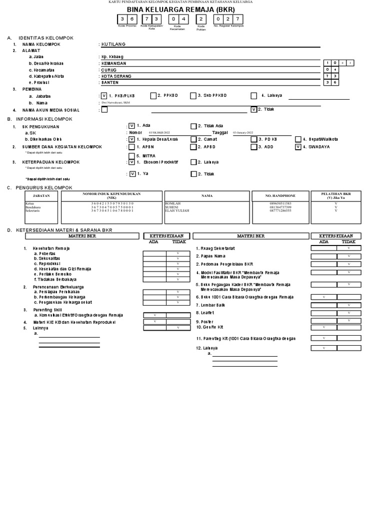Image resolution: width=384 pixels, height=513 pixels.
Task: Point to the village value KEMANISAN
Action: (113, 64)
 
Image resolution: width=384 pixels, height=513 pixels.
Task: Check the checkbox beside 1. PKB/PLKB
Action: (104, 95)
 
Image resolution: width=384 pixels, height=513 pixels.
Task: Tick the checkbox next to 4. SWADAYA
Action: (298, 147)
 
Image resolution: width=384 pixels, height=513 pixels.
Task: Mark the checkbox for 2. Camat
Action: (193, 139)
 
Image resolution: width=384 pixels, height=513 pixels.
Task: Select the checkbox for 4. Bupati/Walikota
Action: (298, 139)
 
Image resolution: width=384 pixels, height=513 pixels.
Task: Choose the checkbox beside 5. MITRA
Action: (131, 156)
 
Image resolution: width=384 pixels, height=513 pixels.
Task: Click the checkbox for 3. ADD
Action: (253, 147)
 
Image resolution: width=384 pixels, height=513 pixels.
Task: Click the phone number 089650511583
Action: (280, 204)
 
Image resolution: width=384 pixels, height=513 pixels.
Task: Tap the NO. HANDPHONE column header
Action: (280, 196)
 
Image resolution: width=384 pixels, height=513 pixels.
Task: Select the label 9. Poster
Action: (205, 321)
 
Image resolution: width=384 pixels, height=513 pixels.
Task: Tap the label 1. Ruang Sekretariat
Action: (215, 248)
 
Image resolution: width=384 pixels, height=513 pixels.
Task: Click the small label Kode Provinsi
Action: (127, 25)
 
